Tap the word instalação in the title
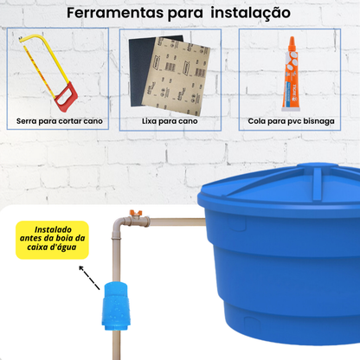[x=255, y=15]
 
